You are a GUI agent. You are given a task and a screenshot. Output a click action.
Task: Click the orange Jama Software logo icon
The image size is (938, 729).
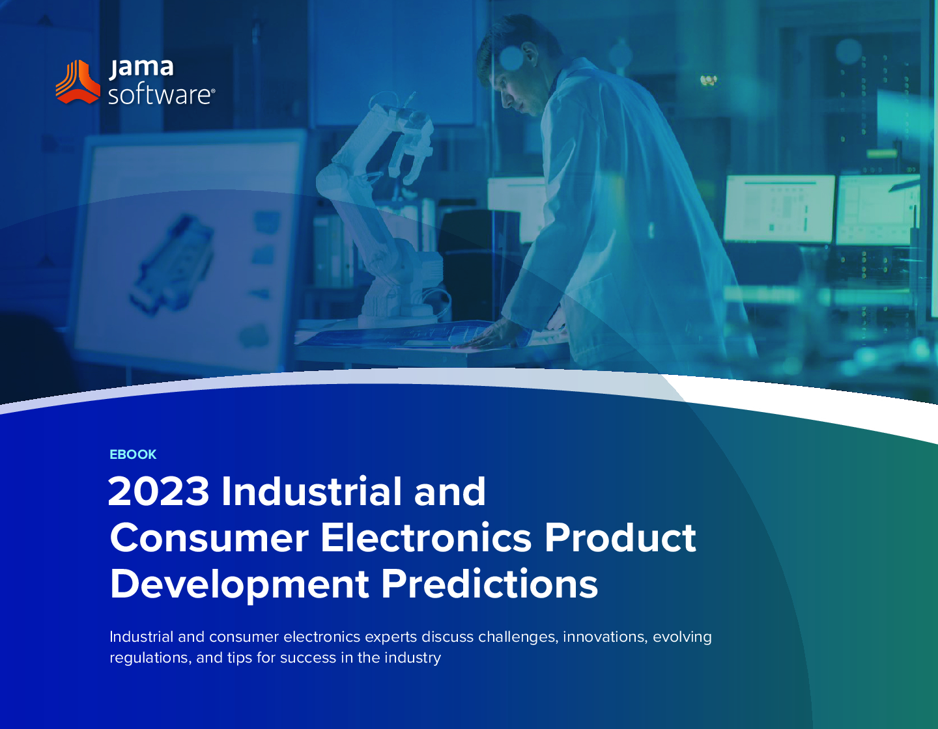(78, 82)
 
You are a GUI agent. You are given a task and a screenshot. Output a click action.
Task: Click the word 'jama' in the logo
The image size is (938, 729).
(141, 69)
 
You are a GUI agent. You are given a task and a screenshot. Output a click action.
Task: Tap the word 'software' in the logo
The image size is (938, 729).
(162, 94)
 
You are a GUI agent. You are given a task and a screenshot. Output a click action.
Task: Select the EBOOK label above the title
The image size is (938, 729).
(133, 454)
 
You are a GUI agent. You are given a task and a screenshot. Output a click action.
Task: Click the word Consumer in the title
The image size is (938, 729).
(209, 538)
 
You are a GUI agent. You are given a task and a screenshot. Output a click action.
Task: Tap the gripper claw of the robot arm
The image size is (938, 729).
(414, 143)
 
